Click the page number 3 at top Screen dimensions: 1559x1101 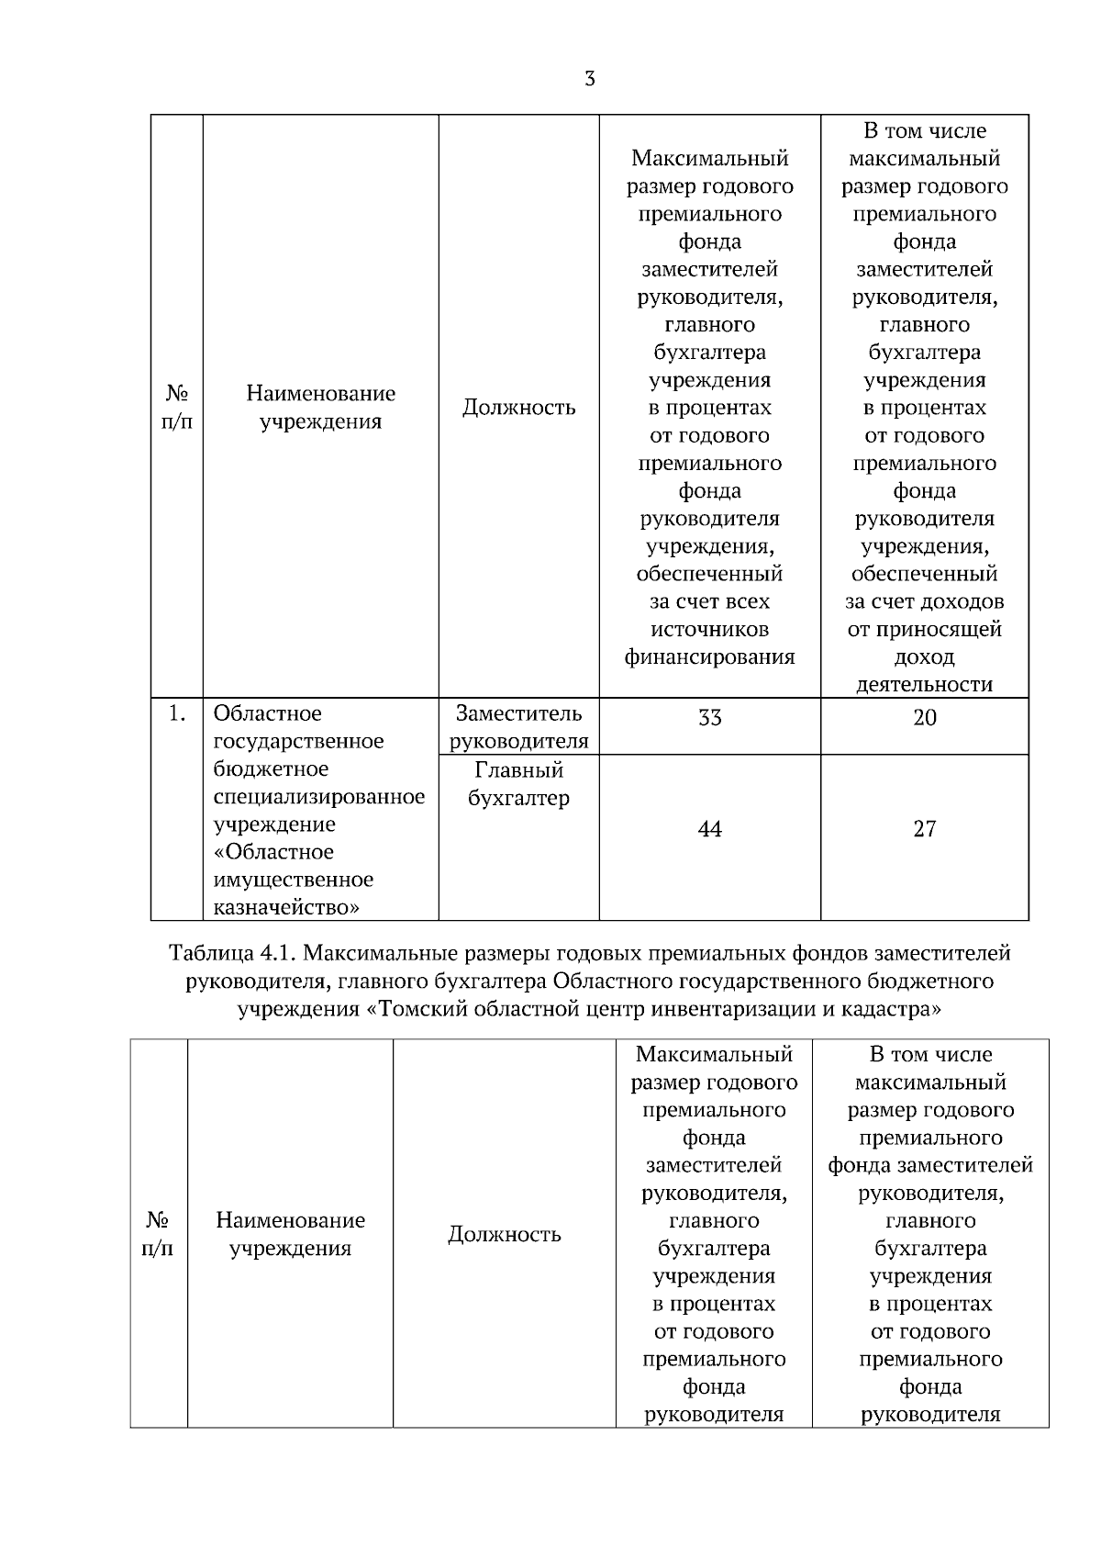pyautogui.click(x=589, y=79)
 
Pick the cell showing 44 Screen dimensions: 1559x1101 pyautogui.click(x=709, y=829)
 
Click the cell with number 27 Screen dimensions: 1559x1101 pyautogui.click(x=924, y=829)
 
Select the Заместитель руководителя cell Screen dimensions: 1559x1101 pyautogui.click(x=518, y=726)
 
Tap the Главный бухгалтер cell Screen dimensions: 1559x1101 pyautogui.click(x=518, y=783)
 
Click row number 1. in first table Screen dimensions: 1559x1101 pyautogui.click(x=178, y=713)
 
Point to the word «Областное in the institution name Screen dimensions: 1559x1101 pyautogui.click(x=273, y=851)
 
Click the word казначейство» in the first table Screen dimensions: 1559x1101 pyautogui.click(x=286, y=907)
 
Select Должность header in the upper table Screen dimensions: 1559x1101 pyautogui.click(x=518, y=407)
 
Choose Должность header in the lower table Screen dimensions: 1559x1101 pyautogui.click(x=504, y=1234)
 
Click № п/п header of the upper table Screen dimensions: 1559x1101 pyautogui.click(x=177, y=407)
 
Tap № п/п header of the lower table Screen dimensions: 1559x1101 pyautogui.click(x=158, y=1234)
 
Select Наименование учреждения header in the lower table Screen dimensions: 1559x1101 pyautogui.click(x=290, y=1234)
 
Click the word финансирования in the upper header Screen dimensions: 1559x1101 pyautogui.click(x=709, y=656)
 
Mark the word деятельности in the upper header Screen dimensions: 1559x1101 pyautogui.click(x=924, y=684)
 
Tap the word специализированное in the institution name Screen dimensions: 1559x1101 pyautogui.click(x=319, y=796)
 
